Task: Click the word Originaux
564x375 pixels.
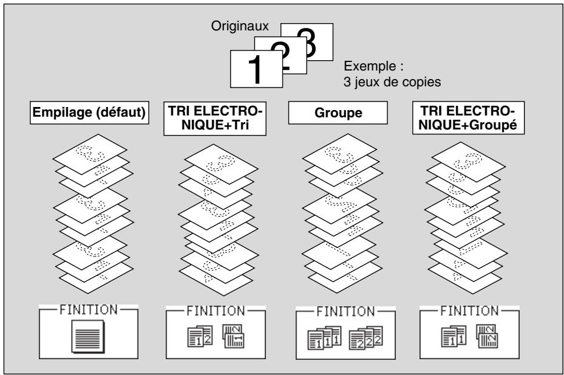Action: tap(240, 26)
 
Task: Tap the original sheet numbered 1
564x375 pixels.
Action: tap(256, 69)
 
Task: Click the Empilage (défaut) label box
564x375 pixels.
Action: tap(89, 113)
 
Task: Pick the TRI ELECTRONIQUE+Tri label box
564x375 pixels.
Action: tap(215, 118)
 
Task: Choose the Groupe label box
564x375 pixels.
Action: tap(338, 113)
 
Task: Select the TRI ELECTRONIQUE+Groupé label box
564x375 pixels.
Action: tap(468, 118)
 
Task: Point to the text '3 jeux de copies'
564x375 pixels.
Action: tap(392, 82)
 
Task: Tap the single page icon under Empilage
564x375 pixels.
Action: tap(88, 337)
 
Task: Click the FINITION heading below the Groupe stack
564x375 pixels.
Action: tap(345, 312)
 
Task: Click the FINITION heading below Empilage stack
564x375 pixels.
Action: tap(89, 310)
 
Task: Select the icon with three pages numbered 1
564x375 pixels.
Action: tap(324, 338)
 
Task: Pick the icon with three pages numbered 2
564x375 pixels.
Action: tap(366, 338)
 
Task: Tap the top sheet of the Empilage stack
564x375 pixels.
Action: tap(90, 153)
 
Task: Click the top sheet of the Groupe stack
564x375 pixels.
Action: tap(339, 153)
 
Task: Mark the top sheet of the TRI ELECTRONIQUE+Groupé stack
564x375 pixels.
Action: tap(468, 162)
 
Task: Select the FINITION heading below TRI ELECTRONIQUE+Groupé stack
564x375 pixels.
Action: tap(469, 311)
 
